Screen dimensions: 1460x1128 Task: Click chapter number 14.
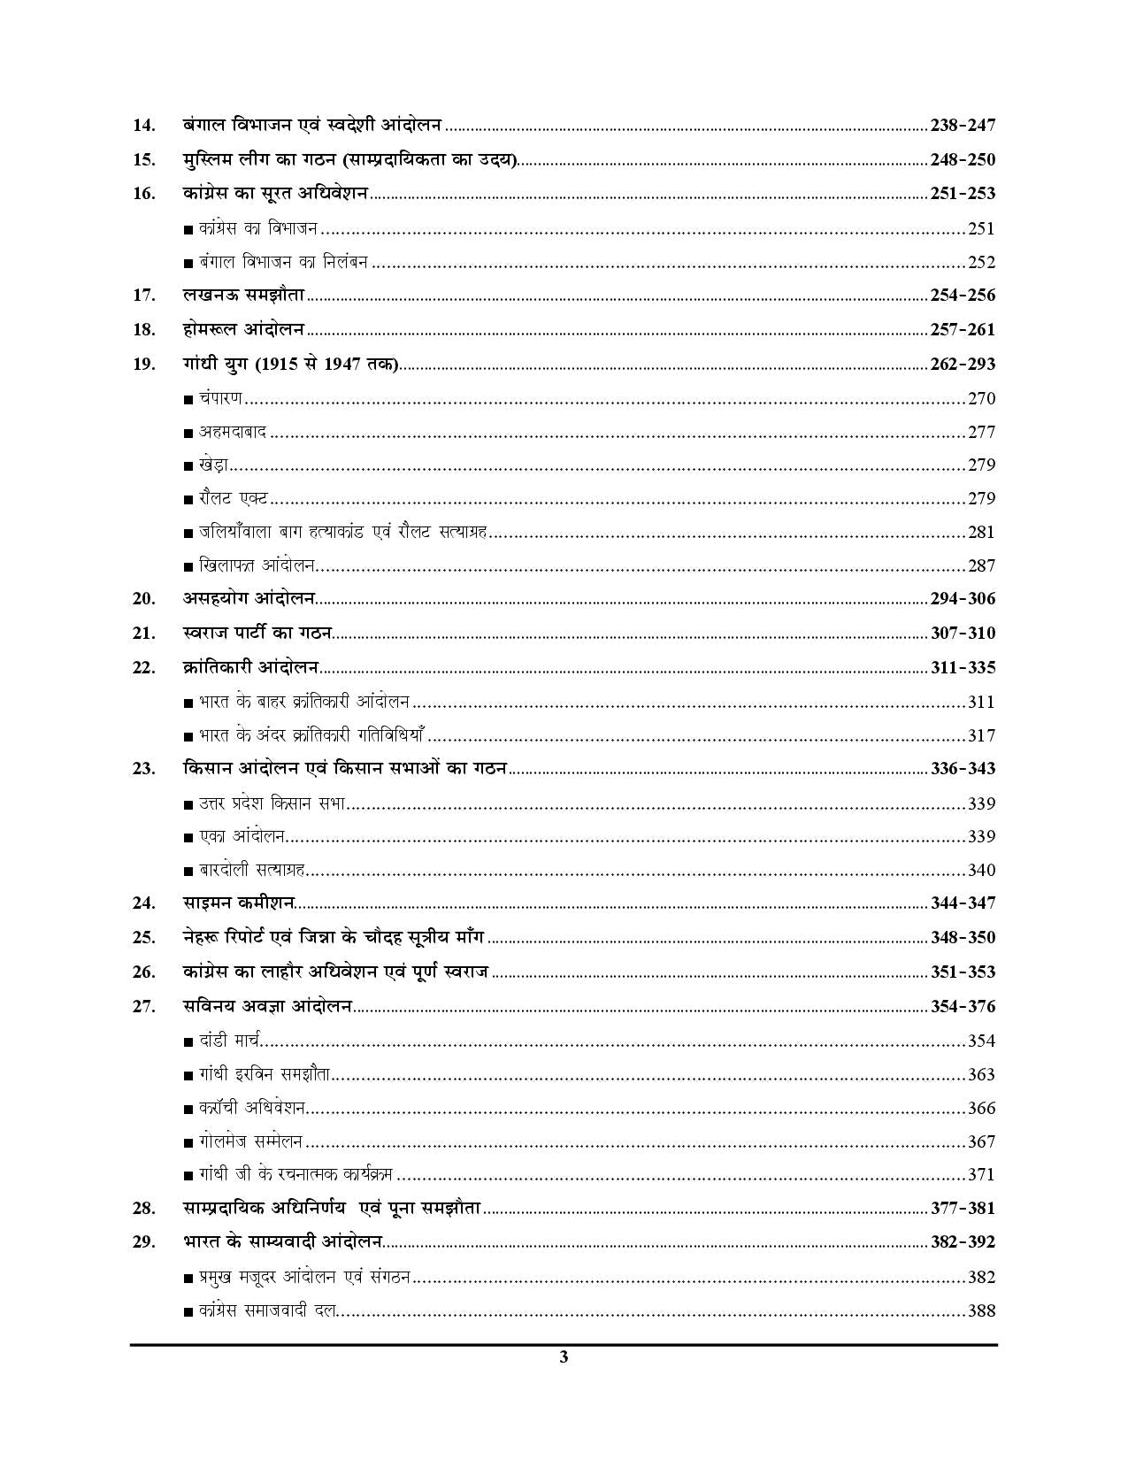144,126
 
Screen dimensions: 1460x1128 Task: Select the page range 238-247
963,126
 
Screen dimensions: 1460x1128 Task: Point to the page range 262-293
963,364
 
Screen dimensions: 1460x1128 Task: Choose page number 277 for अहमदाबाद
981,432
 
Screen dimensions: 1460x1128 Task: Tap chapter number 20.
144,599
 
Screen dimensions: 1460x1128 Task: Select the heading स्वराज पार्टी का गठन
257,633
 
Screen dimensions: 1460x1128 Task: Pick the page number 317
981,735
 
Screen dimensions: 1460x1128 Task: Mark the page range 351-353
963,972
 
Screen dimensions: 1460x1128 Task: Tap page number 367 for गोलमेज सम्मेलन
981,1141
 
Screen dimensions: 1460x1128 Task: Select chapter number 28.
144,1209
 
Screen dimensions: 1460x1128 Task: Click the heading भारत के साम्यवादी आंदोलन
282,1242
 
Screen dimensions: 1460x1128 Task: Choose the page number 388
981,1310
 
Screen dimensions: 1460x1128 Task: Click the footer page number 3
564,1358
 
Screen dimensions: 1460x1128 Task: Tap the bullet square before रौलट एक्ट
188,500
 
